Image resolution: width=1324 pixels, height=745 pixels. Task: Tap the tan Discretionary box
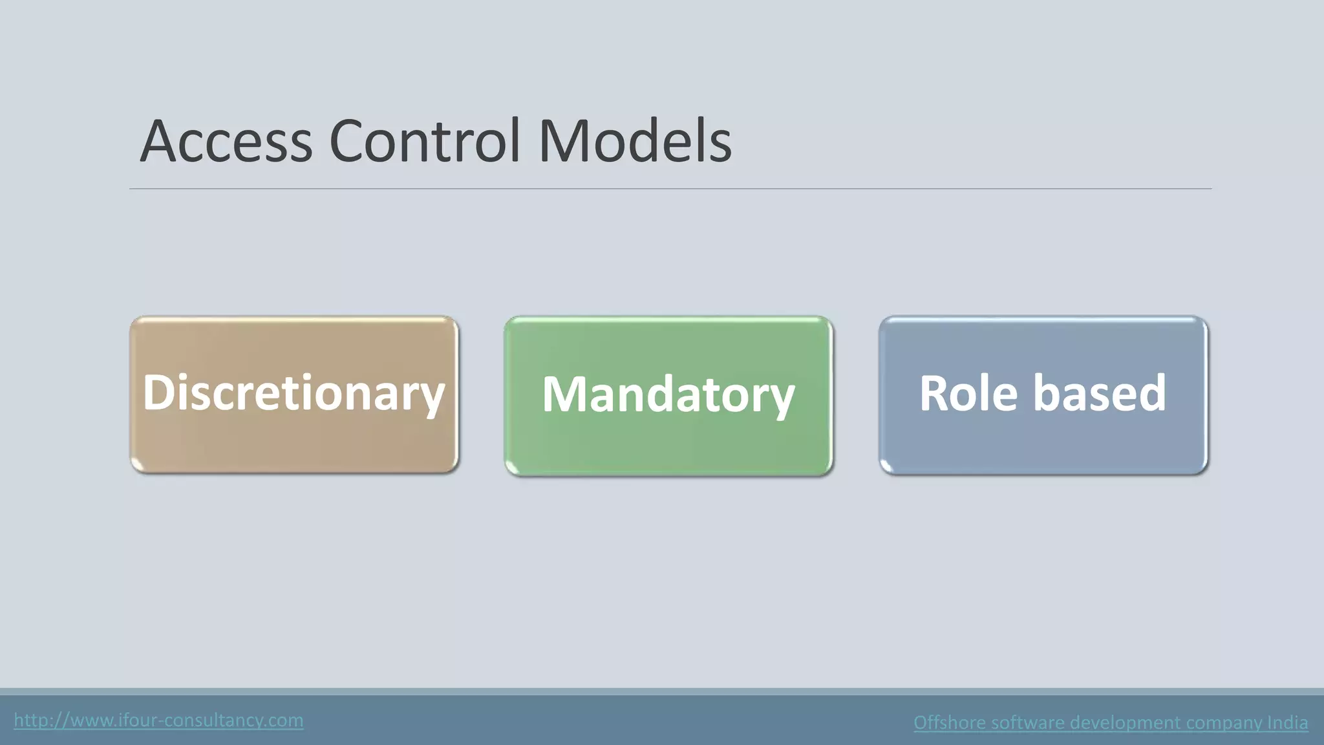[x=294, y=440]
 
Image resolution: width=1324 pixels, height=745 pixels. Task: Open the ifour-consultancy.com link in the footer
[x=158, y=720]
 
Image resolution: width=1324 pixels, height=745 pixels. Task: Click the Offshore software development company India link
[x=1111, y=722]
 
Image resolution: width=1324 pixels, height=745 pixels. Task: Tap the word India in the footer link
[x=1287, y=722]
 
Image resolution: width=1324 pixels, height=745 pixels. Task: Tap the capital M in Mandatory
[x=564, y=394]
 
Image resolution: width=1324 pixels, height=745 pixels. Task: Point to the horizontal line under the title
[x=670, y=189]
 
